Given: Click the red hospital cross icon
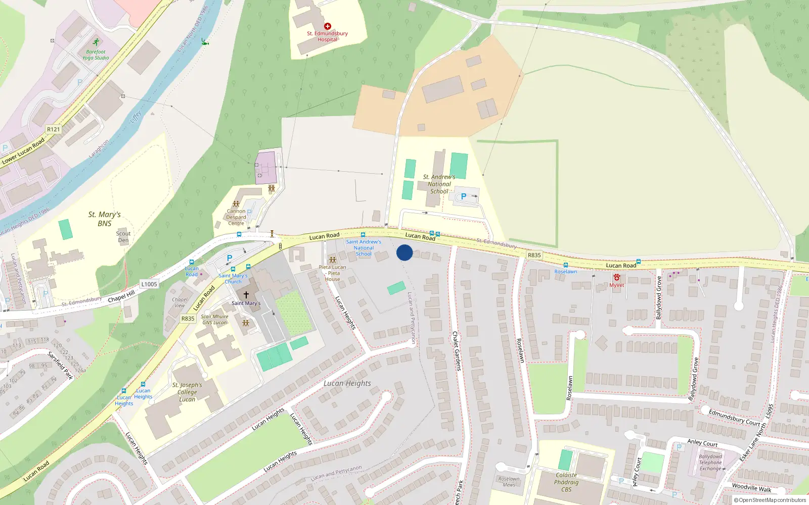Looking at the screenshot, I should pyautogui.click(x=327, y=26).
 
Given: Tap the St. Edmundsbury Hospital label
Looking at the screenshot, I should pyautogui.click(x=327, y=36).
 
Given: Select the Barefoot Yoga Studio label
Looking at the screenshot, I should pyautogui.click(x=96, y=55).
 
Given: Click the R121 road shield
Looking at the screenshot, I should pyautogui.click(x=53, y=129).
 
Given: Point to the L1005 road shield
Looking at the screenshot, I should pyautogui.click(x=149, y=284).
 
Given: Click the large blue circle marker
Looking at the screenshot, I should pyautogui.click(x=404, y=252).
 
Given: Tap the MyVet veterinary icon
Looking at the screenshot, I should pyautogui.click(x=616, y=277).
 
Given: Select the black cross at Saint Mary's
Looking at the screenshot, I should pyautogui.click(x=246, y=294).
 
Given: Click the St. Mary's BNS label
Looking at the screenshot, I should pyautogui.click(x=105, y=219).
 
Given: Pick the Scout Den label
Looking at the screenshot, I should pyautogui.click(x=123, y=237).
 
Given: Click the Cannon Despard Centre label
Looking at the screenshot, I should pyautogui.click(x=236, y=217).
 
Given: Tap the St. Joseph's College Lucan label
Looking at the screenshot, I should pyautogui.click(x=187, y=392).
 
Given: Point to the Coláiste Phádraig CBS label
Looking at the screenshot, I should pyautogui.click(x=566, y=482).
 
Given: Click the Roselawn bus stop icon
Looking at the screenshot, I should pyautogui.click(x=565, y=265).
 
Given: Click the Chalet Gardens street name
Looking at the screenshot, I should pyautogui.click(x=457, y=351).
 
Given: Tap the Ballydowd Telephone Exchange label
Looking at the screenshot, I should pyautogui.click(x=710, y=463).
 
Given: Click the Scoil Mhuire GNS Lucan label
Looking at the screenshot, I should pyautogui.click(x=215, y=320).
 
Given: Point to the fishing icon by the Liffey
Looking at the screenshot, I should pyautogui.click(x=204, y=42).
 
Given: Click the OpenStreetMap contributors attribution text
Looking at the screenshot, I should pyautogui.click(x=770, y=500).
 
